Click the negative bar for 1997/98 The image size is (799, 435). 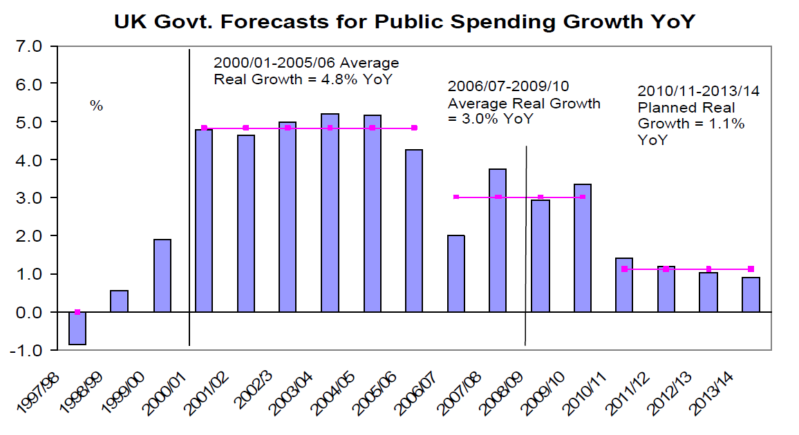pos(77,328)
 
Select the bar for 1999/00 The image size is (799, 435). pos(162,276)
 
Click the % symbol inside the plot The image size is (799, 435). pos(96,106)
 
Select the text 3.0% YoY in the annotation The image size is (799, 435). pos(483,119)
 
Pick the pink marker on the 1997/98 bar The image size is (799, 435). pos(77,312)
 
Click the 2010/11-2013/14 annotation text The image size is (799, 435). pos(699,91)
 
